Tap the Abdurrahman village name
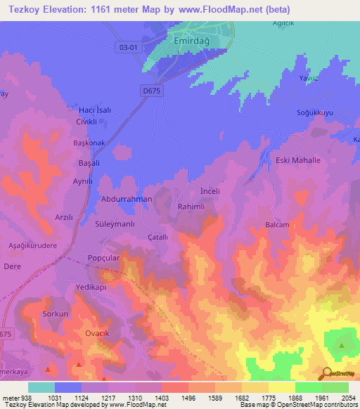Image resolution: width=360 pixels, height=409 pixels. (127, 200)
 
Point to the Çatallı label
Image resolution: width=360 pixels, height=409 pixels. (157, 238)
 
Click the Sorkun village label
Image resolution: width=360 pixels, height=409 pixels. (55, 313)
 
